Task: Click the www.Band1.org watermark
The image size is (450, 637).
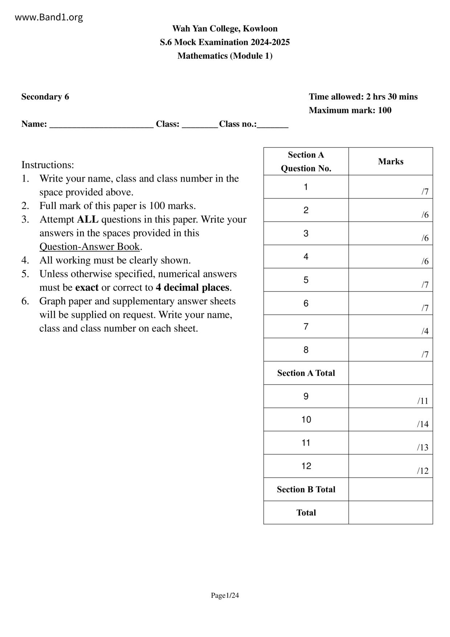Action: pos(49,17)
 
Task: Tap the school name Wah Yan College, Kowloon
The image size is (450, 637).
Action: pos(225,29)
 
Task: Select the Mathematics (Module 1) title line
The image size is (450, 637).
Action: pos(225,56)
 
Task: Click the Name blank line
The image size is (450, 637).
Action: pos(101,125)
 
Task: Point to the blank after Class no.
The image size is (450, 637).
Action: pos(273,125)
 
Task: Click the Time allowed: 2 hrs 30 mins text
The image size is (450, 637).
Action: pos(363,97)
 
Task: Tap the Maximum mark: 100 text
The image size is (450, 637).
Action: pos(350,110)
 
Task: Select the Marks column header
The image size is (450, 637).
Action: pos(390,162)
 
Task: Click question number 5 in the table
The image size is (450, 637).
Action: pos(306,280)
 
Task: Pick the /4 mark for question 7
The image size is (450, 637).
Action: pos(425,331)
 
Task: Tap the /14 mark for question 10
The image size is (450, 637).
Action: pos(422,424)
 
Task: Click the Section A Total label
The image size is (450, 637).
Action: pos(306,373)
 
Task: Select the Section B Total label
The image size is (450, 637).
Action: pos(306,490)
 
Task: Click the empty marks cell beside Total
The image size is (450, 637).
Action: pos(390,512)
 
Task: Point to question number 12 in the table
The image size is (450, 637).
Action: pos(306,466)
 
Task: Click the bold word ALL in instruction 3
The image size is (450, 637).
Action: pos(87,219)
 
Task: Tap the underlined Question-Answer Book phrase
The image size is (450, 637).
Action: pos(90,247)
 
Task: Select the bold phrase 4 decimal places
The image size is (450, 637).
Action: pos(192,288)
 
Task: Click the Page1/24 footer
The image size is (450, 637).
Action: pos(225,595)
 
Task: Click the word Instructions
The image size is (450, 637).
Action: pos(48,165)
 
